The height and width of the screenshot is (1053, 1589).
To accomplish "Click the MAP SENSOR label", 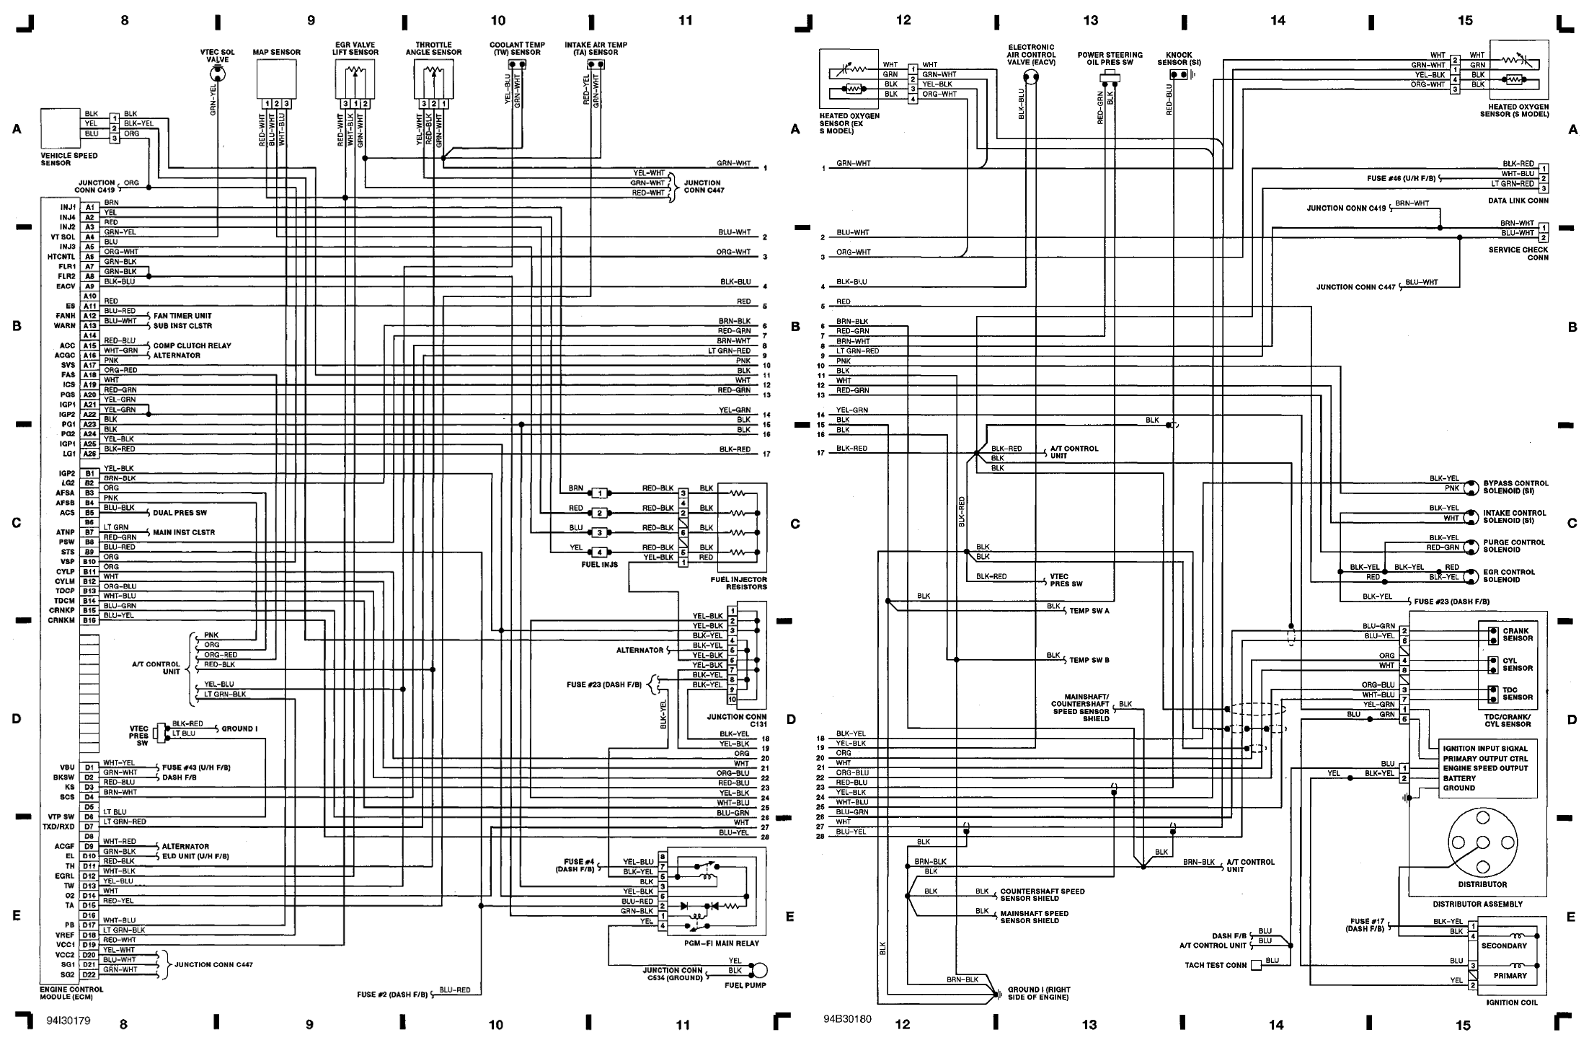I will point(276,53).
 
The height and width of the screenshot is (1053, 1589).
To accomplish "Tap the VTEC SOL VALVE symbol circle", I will point(217,73).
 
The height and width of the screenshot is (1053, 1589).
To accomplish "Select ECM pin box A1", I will point(89,208).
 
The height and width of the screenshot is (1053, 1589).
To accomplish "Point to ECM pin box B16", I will point(89,620).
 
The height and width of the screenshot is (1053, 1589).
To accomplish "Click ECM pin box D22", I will point(89,974).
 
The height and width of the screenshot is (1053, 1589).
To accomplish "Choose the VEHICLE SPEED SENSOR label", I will point(68,159).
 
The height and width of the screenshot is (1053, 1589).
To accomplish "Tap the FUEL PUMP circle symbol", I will point(759,970).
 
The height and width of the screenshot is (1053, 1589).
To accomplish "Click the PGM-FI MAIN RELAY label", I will point(721,943).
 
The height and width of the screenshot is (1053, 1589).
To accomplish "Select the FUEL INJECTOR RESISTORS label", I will point(738,583).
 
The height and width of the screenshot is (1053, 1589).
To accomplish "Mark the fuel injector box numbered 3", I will point(599,533).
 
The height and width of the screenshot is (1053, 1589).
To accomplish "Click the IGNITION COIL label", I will point(1511,1003).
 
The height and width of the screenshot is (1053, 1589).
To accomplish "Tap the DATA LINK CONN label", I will point(1518,201).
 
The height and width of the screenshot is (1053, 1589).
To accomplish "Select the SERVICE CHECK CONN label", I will point(1518,253).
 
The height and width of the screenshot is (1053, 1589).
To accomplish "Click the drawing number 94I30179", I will point(69,1021).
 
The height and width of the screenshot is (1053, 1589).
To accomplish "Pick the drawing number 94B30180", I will point(847,1020).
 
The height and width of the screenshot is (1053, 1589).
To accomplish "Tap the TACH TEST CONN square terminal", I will point(1257,965).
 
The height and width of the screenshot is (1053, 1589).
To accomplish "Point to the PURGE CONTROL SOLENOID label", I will point(1514,546).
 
